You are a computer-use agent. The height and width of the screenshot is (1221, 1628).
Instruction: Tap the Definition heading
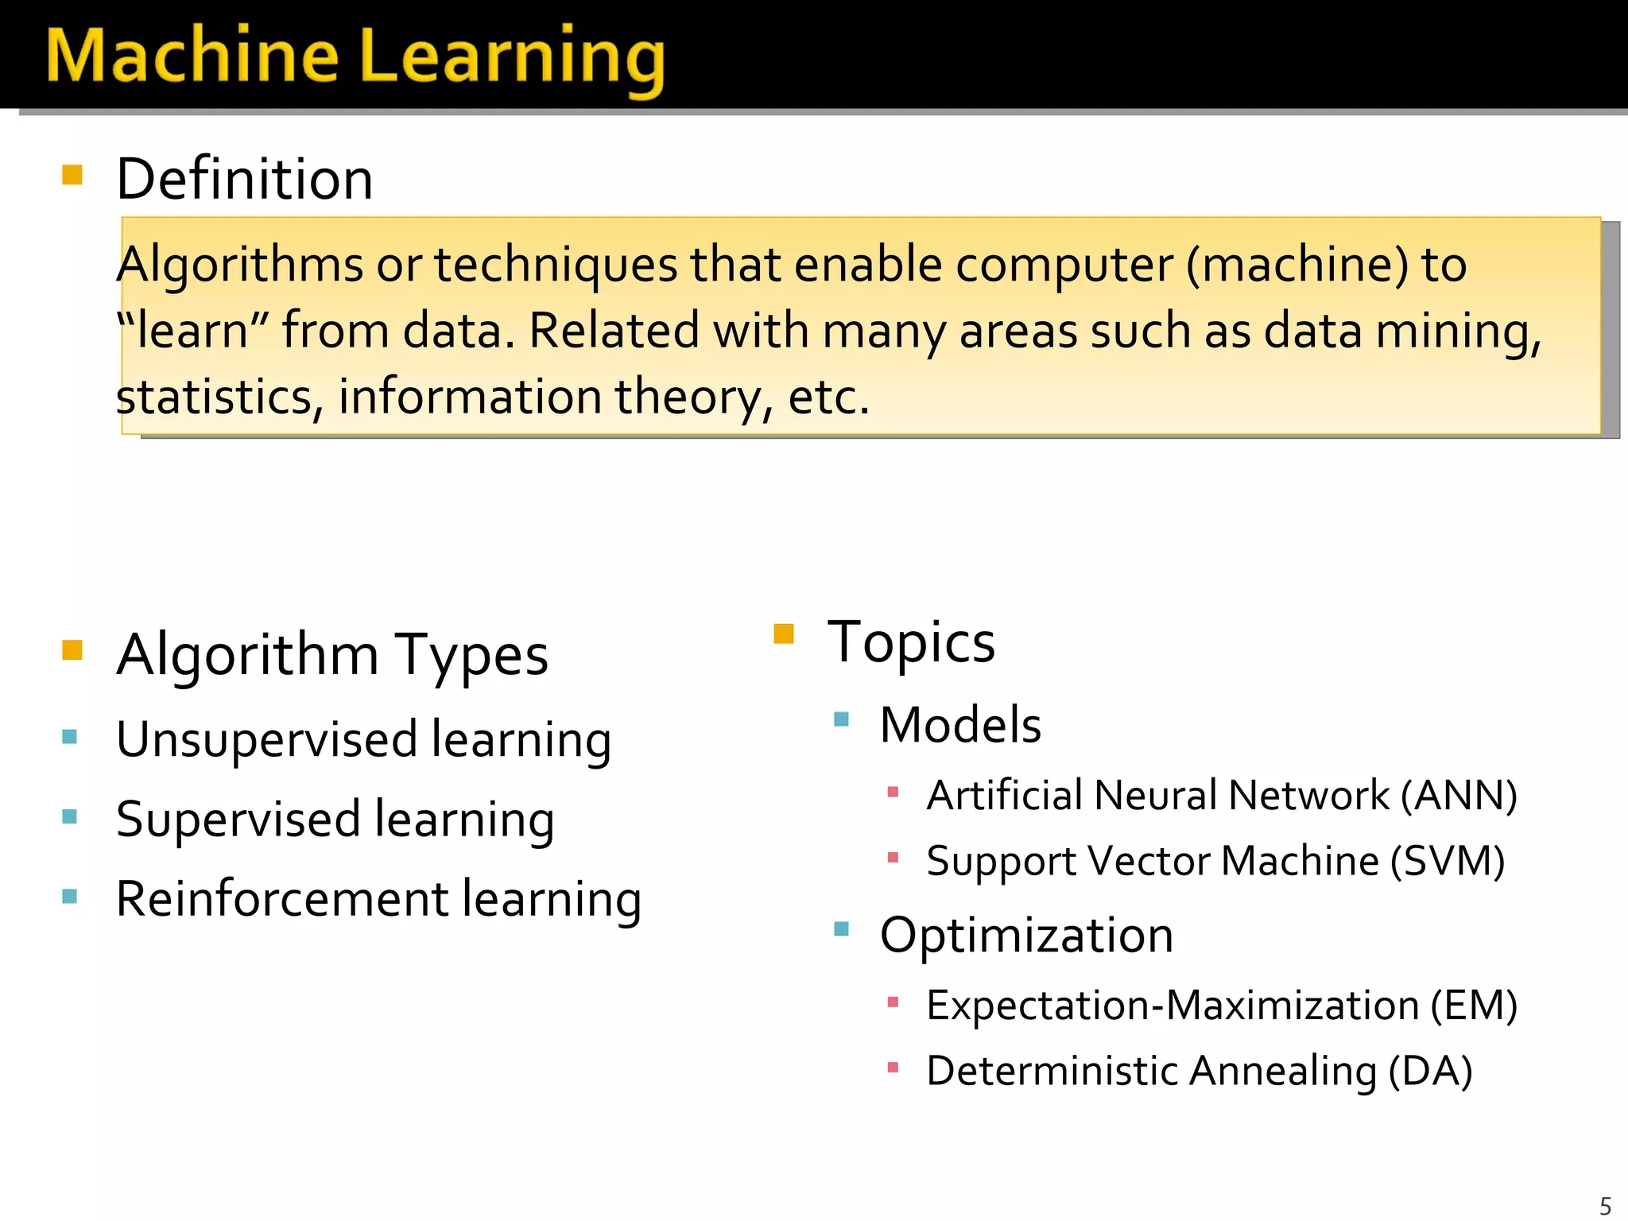244,180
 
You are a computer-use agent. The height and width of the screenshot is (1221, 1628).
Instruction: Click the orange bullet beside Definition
72,175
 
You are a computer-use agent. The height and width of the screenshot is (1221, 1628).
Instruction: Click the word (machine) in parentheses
1297,265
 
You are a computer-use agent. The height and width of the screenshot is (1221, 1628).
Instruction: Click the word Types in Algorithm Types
471,656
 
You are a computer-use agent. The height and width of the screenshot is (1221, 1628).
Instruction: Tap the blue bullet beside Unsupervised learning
70,737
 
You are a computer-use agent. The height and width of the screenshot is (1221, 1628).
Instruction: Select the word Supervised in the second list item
238,820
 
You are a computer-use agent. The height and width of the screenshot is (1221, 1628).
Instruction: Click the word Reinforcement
282,899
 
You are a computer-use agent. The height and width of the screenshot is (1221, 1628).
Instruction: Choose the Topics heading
911,642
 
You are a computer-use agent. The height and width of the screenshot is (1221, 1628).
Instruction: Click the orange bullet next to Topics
784,634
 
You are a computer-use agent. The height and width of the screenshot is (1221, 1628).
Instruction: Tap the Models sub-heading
960,725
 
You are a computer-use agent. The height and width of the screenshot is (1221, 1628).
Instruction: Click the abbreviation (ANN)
1459,795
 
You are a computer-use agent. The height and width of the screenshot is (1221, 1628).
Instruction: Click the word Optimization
1026,935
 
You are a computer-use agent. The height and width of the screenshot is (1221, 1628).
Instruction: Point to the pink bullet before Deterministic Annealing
893,1068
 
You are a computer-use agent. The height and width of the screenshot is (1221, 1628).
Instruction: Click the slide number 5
1605,1205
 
